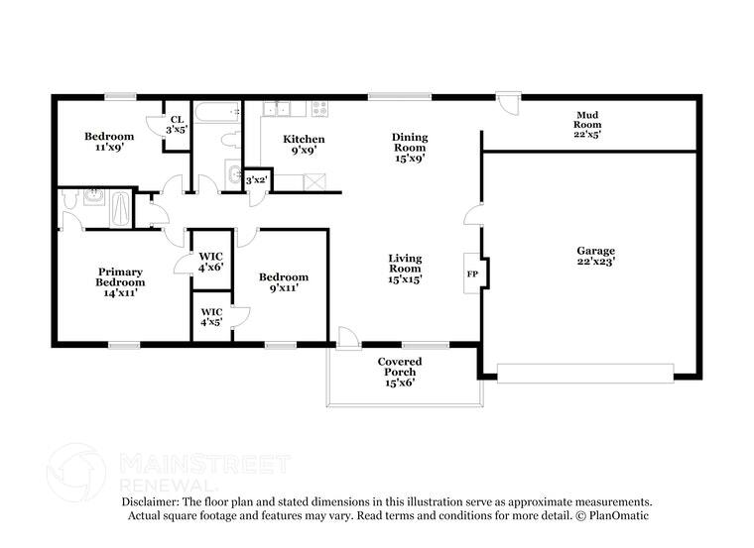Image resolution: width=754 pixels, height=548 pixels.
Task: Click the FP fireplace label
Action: (x=473, y=273)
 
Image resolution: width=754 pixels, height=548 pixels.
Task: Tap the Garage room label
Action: (x=595, y=257)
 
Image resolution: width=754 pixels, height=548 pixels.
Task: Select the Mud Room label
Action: (x=587, y=124)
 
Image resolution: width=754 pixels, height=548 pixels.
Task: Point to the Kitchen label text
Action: (x=304, y=145)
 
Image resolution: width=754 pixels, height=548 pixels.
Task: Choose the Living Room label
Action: (x=405, y=268)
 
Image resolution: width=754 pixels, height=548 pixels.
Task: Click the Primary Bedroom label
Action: (x=119, y=281)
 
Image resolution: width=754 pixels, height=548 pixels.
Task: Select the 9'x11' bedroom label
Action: (x=284, y=282)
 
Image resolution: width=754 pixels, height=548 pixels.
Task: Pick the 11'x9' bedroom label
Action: (x=108, y=142)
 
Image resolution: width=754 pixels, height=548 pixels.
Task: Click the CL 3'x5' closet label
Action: (x=177, y=125)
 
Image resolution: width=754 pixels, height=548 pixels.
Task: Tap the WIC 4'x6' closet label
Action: (x=211, y=262)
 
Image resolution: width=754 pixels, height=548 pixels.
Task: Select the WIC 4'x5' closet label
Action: (x=209, y=316)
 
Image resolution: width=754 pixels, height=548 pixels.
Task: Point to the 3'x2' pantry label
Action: (x=256, y=180)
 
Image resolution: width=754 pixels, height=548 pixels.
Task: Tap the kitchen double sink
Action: (x=275, y=109)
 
